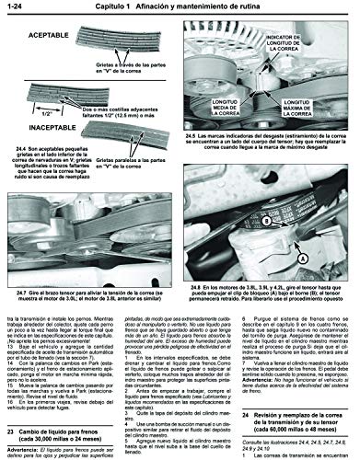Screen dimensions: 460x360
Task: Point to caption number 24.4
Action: (24, 157)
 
